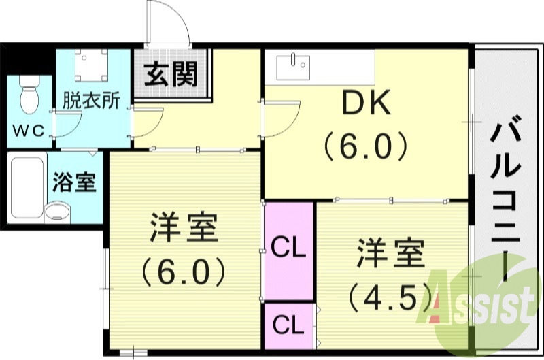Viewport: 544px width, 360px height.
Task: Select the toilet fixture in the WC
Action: click(x=28, y=95)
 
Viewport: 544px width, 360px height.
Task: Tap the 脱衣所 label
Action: click(x=91, y=100)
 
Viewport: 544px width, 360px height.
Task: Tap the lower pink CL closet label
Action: click(x=288, y=325)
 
